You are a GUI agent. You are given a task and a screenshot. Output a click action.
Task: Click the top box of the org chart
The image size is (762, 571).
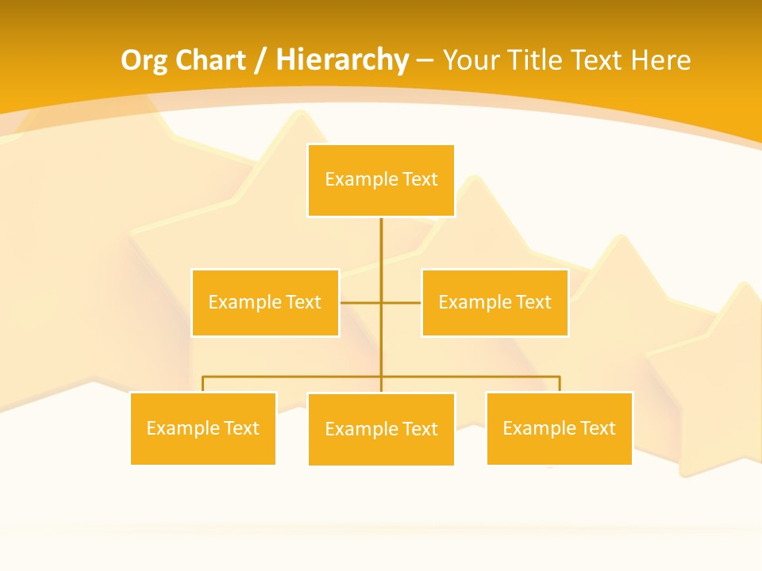pyautogui.click(x=381, y=180)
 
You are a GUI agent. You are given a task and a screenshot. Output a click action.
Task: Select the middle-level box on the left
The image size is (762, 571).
pyautogui.click(x=265, y=302)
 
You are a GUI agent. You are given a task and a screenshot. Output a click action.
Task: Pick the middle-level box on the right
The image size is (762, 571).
pyautogui.click(x=495, y=302)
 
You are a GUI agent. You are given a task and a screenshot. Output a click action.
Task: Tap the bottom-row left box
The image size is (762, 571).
pyautogui.click(x=203, y=428)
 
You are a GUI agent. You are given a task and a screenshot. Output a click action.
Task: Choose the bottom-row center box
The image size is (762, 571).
pyautogui.click(x=381, y=429)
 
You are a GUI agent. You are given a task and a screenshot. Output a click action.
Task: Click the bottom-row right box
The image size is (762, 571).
pyautogui.click(x=559, y=428)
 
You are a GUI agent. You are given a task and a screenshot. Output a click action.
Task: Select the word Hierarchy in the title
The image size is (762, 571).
pyautogui.click(x=342, y=60)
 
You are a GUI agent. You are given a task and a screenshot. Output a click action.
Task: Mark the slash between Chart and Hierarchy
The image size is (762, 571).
pyautogui.click(x=260, y=61)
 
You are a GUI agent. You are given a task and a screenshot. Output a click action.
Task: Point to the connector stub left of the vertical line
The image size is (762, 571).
pyautogui.click(x=360, y=302)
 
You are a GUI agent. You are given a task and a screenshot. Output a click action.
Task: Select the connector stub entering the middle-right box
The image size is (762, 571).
pyautogui.click(x=402, y=302)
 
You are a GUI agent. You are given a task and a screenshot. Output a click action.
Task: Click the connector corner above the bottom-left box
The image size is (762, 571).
pyautogui.click(x=203, y=377)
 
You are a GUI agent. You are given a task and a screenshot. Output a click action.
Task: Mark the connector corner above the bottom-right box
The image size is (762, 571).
pyautogui.click(x=559, y=377)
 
